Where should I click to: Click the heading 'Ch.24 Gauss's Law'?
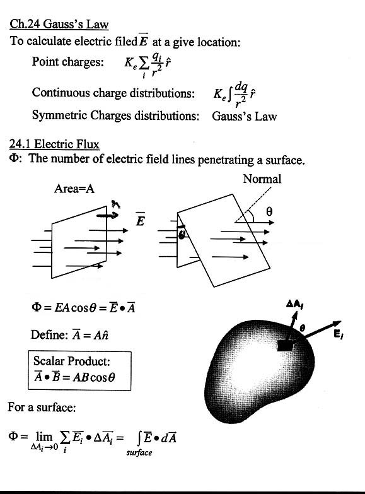(x=59, y=24)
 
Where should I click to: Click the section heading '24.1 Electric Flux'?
(x=54, y=144)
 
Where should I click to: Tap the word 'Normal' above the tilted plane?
(x=262, y=179)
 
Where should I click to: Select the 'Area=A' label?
(x=74, y=189)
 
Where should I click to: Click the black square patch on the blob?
(x=285, y=346)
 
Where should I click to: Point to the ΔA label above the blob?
(x=295, y=303)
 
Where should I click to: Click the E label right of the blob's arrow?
(x=339, y=334)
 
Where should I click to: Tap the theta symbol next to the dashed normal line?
(x=269, y=211)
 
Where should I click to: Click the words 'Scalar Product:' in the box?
(x=72, y=361)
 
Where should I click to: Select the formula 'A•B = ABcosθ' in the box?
(x=74, y=377)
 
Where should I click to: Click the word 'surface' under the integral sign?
(x=139, y=452)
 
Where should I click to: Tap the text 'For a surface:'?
(x=42, y=407)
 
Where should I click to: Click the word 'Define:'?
(x=49, y=334)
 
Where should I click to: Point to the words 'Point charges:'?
(x=67, y=61)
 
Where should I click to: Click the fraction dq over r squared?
(x=241, y=93)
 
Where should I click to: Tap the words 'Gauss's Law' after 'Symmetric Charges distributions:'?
(x=245, y=116)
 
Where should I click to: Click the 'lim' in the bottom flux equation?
(x=44, y=437)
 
